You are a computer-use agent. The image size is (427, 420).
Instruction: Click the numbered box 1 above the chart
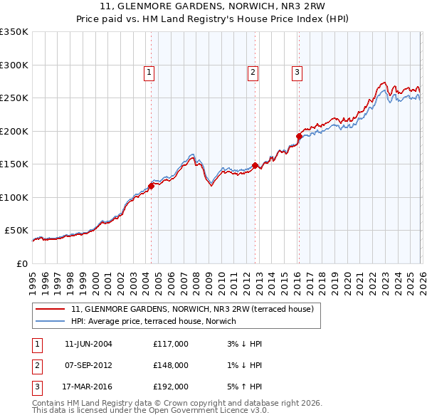pos(149,71)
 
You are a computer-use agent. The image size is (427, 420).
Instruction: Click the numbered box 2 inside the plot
pos(253,71)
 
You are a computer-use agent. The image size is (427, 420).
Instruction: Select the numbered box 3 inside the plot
pos(297,71)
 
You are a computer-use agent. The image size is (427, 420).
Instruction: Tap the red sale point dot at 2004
pos(151,187)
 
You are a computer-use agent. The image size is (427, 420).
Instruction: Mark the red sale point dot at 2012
pos(255,165)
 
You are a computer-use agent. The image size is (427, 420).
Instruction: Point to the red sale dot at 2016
pos(299,136)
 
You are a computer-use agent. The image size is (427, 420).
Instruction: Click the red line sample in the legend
pos(50,310)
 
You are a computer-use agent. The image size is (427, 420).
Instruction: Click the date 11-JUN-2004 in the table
pos(88,344)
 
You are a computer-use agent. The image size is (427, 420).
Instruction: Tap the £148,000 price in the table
pos(171,365)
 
